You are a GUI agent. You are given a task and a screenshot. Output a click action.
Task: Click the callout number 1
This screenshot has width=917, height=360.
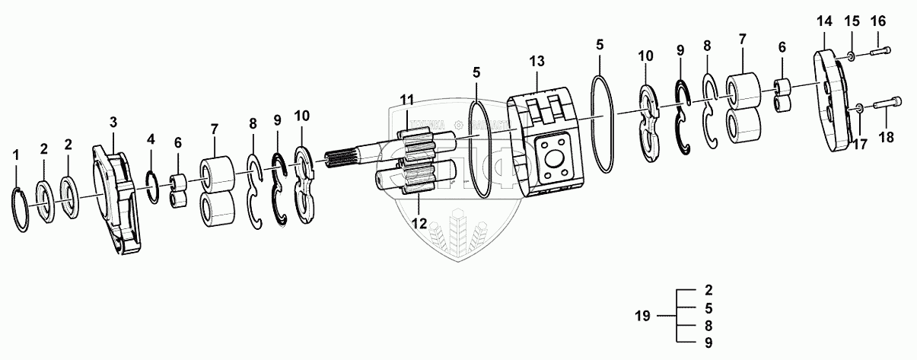tap(17, 155)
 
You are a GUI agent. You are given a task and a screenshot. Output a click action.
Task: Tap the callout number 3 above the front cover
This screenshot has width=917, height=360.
tap(113, 122)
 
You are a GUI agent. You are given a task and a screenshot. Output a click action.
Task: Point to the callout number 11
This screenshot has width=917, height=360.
tap(408, 99)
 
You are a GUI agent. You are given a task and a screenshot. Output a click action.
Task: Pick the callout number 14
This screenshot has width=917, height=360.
tap(824, 21)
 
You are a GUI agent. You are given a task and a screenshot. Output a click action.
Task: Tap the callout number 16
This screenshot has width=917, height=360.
tap(878, 21)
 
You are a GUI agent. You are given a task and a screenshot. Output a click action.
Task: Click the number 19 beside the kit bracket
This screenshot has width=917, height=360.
tap(643, 316)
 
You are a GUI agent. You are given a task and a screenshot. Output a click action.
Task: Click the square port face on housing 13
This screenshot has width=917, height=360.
tap(552, 158)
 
